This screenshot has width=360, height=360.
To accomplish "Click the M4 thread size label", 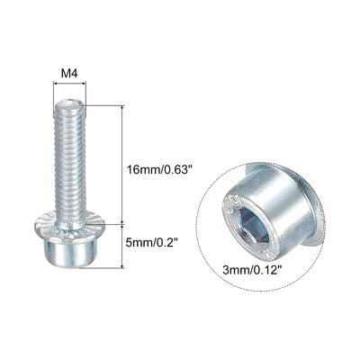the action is click(69, 73).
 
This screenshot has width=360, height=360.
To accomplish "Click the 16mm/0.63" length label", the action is click(159, 170).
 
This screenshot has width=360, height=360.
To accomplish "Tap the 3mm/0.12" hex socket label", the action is click(253, 271).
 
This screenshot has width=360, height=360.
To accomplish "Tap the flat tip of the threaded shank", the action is click(69, 103).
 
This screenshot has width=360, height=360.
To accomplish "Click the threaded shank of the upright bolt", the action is click(70, 160).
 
